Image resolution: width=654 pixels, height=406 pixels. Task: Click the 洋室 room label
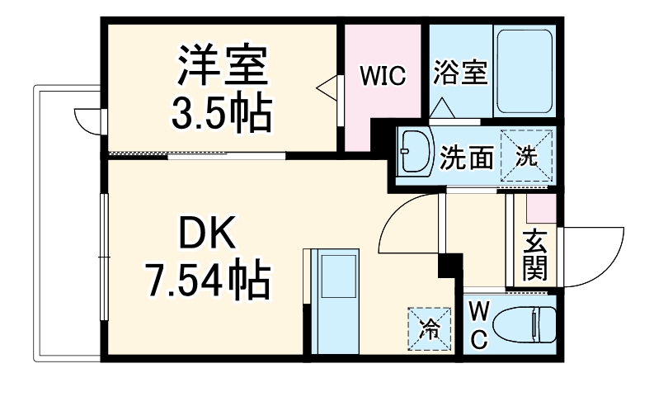click(221, 68)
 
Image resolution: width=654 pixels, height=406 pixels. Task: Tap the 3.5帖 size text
click(221, 116)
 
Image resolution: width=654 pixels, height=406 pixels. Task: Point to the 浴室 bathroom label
click(459, 73)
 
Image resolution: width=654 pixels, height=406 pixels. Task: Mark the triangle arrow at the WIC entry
click(328, 86)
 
